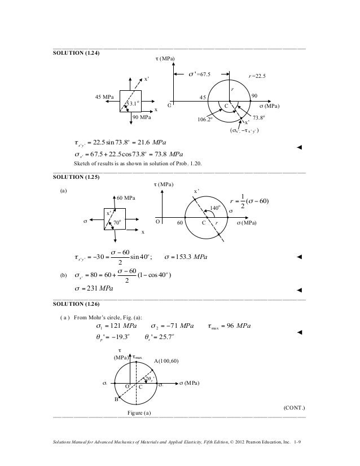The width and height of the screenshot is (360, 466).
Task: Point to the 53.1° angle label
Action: [x=133, y=103]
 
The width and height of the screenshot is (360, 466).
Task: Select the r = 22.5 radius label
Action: [x=261, y=76]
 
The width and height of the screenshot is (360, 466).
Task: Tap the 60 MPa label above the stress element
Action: [x=128, y=198]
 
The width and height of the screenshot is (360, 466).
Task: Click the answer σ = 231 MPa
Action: [x=94, y=289]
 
